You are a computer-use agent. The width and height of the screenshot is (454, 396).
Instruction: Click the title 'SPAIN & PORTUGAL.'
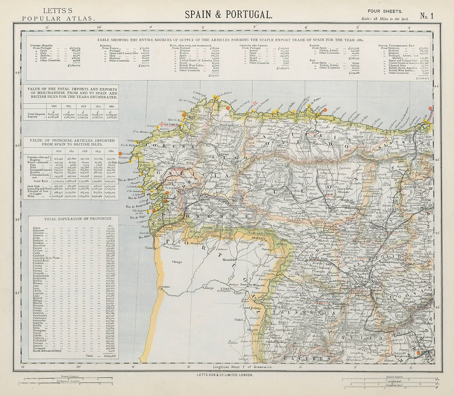[228, 14]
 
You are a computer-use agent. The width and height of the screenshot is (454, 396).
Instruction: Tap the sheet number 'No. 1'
[427, 16]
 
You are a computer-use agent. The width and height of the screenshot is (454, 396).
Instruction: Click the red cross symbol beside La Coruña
[161, 124]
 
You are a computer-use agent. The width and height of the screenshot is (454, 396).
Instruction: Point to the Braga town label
[178, 262]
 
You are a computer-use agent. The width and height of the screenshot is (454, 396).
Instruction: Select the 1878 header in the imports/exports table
[83, 107]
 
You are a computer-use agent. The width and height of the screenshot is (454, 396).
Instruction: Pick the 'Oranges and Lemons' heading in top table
[251, 45]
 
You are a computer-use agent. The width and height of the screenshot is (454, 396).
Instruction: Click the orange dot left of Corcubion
[120, 153]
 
